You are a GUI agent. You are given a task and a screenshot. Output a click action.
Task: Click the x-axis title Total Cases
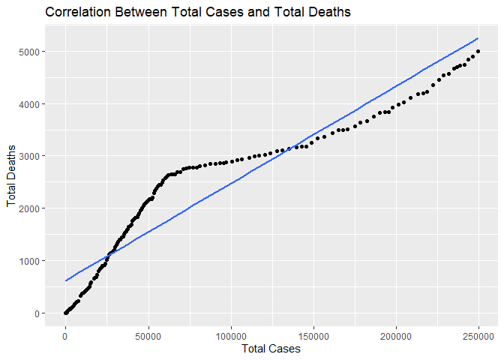tap(271, 349)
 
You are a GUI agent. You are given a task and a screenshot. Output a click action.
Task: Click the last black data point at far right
tap(478, 51)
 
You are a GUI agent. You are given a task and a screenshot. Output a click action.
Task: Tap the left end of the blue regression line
tap(66, 280)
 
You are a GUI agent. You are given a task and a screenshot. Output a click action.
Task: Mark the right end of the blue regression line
tap(478, 38)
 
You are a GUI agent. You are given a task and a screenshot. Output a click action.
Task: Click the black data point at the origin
tap(66, 313)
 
